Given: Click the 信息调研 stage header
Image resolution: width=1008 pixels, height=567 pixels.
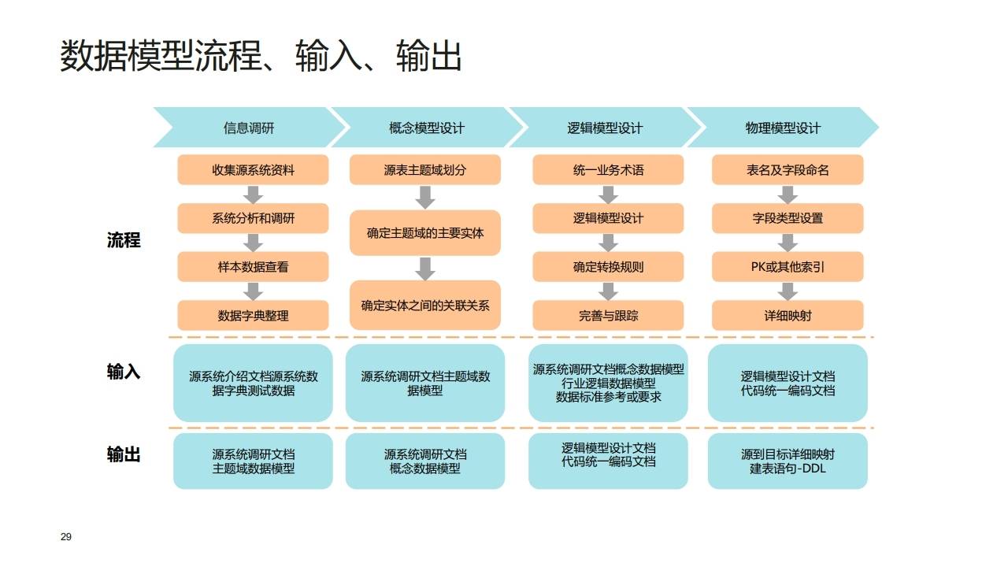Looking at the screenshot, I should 249,128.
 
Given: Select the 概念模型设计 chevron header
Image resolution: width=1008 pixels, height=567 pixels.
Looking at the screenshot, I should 426,128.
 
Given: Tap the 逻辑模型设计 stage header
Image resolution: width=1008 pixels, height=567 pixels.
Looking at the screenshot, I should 605,128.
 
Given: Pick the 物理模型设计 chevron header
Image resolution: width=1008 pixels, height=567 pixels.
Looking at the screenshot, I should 783,128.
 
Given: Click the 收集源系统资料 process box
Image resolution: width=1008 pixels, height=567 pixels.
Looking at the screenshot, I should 253,170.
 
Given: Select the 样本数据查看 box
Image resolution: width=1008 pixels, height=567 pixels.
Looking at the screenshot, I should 253,267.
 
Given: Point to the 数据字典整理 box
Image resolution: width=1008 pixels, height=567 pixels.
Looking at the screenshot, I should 253,316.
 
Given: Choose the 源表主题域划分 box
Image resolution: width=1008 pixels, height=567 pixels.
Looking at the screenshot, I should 425,170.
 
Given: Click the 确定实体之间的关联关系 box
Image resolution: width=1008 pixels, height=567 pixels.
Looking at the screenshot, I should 425,305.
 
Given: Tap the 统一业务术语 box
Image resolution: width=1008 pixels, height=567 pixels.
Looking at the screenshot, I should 608,170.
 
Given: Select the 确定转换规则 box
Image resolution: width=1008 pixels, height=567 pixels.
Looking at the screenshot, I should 608,267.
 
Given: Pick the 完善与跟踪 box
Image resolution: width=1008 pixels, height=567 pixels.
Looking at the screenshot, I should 608,316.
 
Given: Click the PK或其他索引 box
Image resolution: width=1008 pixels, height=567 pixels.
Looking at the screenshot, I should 787,267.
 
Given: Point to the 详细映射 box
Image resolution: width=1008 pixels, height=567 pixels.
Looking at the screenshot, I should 787,316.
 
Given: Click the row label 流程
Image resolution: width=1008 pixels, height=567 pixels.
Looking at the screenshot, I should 124,241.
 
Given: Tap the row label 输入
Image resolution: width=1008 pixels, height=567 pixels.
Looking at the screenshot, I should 124,372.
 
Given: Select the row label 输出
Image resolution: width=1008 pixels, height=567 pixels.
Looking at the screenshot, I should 124,454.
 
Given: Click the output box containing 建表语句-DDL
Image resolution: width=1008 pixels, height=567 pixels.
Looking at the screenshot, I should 787,461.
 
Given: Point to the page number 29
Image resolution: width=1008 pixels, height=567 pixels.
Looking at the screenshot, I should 66,537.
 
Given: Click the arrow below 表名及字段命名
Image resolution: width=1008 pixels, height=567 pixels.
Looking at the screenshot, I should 787,195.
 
